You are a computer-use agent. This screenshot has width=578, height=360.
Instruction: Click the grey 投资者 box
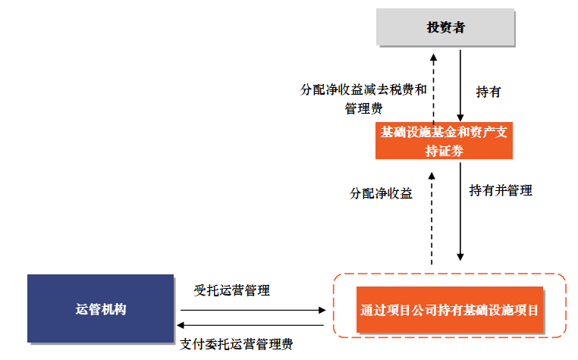pyautogui.click(x=445, y=29)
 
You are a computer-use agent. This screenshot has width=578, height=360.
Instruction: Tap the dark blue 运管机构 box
pyautogui.click(x=101, y=308)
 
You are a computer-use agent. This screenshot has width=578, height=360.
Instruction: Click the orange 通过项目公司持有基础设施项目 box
pyautogui.click(x=450, y=310)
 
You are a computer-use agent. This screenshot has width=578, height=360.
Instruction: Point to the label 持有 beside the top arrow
pyautogui.click(x=488, y=92)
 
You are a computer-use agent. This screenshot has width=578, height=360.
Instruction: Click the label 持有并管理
pyautogui.click(x=500, y=190)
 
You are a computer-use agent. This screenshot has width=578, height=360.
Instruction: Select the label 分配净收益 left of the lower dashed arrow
pyautogui.click(x=381, y=193)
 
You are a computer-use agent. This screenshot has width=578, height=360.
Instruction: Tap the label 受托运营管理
pyautogui.click(x=231, y=290)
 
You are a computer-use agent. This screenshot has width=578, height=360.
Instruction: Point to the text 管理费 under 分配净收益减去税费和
pyautogui.click(x=363, y=108)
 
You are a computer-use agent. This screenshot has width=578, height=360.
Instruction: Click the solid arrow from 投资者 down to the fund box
pyautogui.click(x=460, y=84)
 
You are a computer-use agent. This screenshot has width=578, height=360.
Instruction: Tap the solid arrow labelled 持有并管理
pyautogui.click(x=460, y=212)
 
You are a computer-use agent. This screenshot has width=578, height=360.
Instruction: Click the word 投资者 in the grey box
pyautogui.click(x=445, y=29)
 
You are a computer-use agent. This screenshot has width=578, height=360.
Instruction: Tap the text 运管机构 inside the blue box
pyautogui.click(x=101, y=309)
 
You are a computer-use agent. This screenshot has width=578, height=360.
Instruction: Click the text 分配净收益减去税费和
pyautogui.click(x=363, y=89)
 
